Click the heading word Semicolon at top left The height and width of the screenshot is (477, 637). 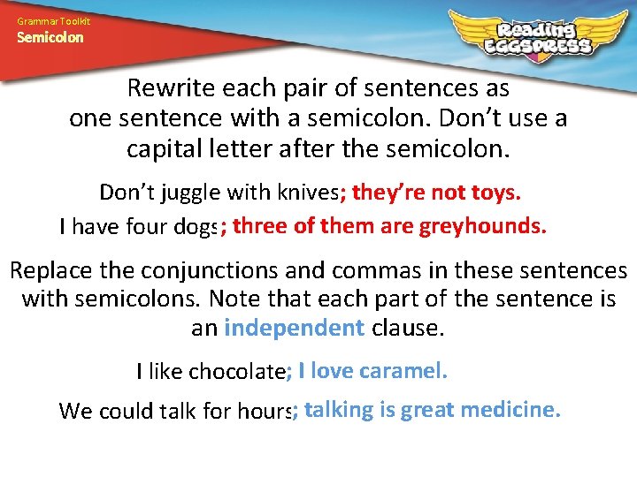[x=50, y=37]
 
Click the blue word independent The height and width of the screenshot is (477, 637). [x=295, y=329]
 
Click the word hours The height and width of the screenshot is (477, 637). [x=267, y=412]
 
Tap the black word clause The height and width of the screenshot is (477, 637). [x=408, y=329]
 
